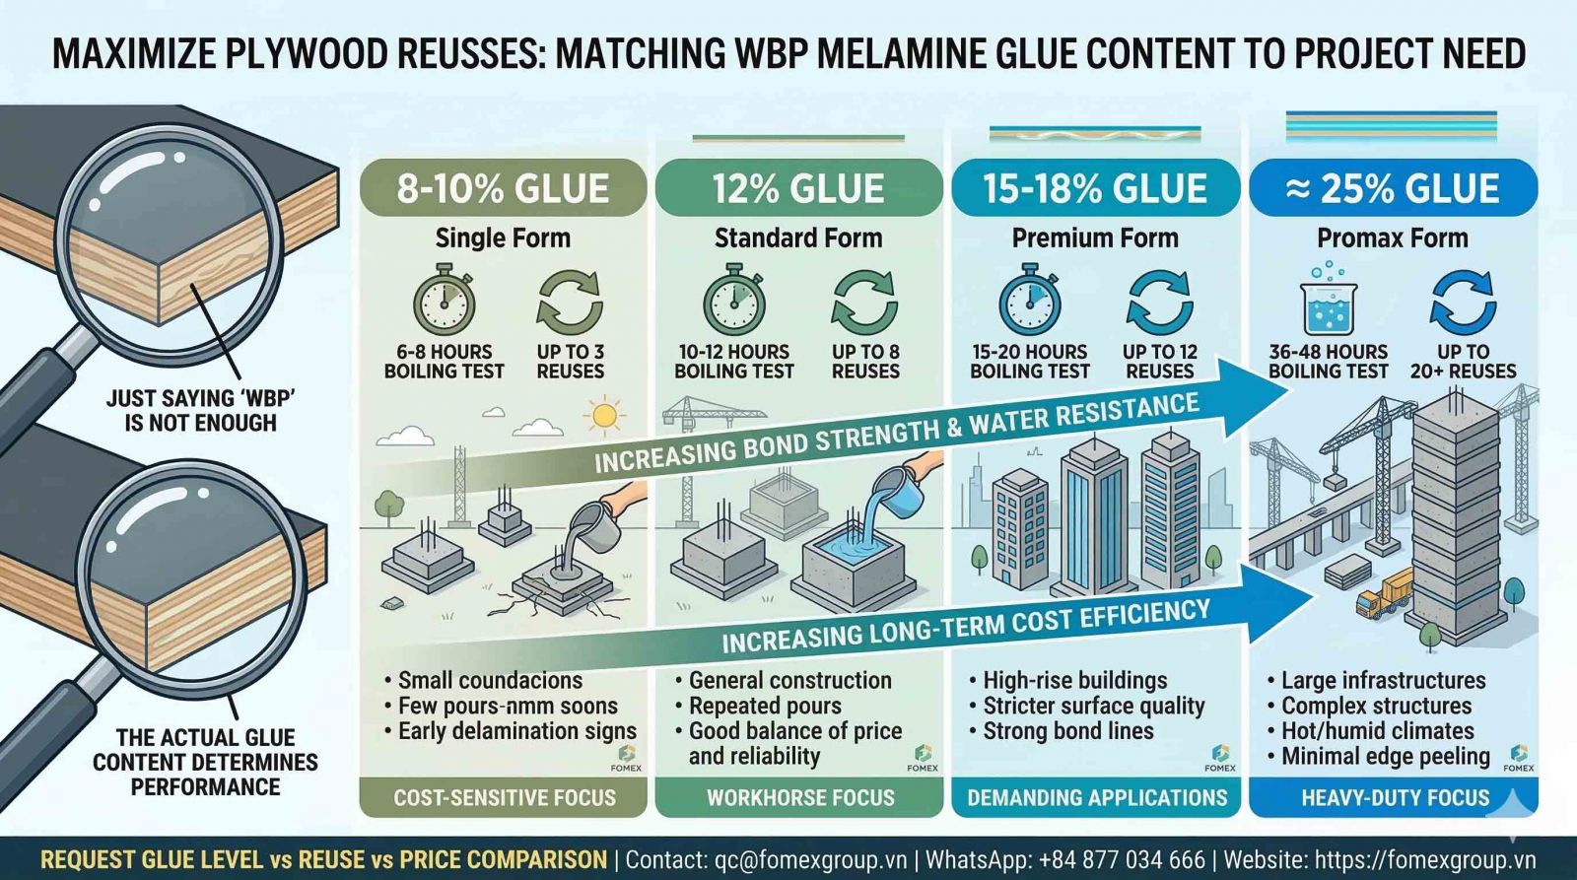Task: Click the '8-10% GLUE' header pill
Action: (x=503, y=187)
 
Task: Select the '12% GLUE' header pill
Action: (x=798, y=187)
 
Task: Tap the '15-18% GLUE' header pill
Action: (x=1095, y=187)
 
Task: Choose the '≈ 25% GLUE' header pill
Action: (x=1393, y=187)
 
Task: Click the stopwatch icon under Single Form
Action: (x=444, y=302)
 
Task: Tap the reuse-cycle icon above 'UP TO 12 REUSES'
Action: (x=1159, y=302)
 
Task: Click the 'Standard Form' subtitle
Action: (x=798, y=237)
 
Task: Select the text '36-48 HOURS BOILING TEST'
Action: (x=1328, y=362)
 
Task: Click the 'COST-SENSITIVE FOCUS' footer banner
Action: (x=504, y=797)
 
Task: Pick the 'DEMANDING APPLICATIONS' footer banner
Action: (x=1097, y=797)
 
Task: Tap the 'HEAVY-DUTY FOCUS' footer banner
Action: (x=1395, y=797)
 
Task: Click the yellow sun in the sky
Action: (x=603, y=416)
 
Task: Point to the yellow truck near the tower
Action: (x=1387, y=593)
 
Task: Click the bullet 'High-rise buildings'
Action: (x=1074, y=680)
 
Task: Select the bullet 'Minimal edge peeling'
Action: (x=1385, y=756)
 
